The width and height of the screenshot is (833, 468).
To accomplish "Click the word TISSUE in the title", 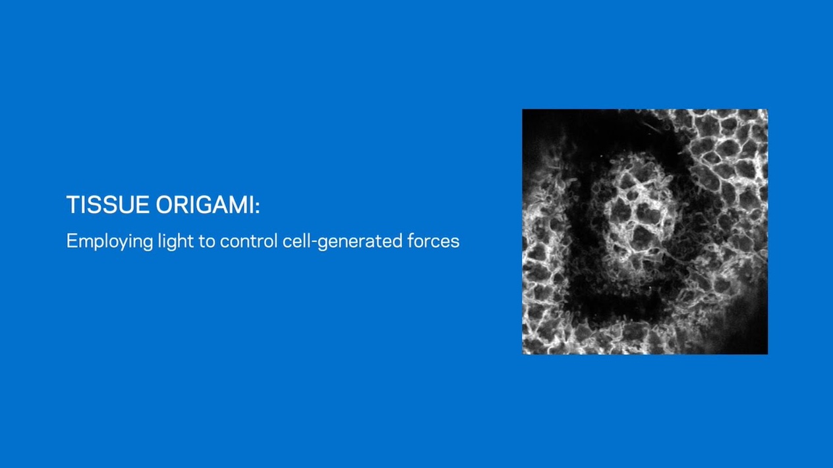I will pos(108,205).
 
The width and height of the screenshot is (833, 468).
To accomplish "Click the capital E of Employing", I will pos(71,241).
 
